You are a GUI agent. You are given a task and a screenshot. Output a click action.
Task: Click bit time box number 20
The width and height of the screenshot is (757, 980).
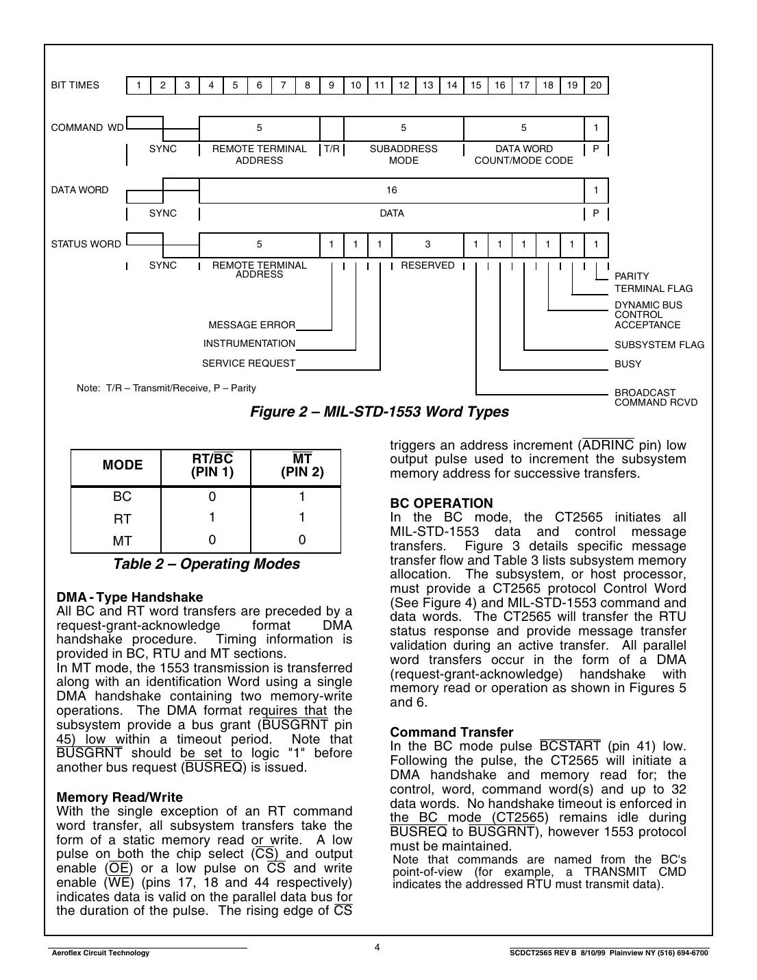[596, 86]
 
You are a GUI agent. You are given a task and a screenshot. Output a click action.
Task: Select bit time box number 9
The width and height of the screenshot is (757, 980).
[332, 86]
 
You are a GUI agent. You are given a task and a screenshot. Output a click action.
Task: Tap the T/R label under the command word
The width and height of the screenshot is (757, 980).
[332, 149]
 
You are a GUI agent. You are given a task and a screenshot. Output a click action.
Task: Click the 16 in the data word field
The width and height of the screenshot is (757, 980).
[391, 191]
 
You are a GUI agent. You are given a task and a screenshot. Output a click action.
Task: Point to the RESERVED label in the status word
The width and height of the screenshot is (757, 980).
[427, 265]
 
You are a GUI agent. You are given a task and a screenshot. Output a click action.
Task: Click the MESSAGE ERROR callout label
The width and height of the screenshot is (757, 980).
[251, 325]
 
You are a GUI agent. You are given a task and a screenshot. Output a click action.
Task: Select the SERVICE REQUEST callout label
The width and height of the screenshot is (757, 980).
[248, 363]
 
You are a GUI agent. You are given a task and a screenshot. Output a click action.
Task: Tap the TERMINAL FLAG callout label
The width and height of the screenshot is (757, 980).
[653, 289]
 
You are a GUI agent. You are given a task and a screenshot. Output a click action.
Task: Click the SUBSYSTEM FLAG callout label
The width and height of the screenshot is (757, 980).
[658, 345]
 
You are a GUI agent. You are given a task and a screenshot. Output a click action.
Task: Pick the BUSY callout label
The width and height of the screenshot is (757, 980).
[628, 364]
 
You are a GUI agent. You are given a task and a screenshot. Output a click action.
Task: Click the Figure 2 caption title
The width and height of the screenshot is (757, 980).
[379, 412]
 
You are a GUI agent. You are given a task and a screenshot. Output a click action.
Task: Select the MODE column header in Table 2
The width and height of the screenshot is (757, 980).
[123, 465]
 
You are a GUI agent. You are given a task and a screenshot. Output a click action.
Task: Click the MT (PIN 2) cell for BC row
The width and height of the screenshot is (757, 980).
[301, 497]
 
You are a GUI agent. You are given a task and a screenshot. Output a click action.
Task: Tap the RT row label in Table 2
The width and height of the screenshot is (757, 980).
[122, 519]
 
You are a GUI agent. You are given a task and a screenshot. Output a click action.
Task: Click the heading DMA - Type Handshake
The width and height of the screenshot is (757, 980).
[129, 597]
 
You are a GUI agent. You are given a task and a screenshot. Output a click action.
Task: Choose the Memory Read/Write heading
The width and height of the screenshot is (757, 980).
[119, 797]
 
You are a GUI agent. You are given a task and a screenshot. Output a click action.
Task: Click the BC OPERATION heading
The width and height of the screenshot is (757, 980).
[441, 503]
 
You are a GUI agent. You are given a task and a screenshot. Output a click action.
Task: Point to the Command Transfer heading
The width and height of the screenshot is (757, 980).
[451, 732]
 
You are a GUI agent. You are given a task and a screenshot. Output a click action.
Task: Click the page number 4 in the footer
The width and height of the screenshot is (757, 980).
[377, 948]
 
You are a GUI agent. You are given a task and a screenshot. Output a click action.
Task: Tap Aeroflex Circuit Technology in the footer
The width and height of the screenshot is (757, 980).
[99, 953]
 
